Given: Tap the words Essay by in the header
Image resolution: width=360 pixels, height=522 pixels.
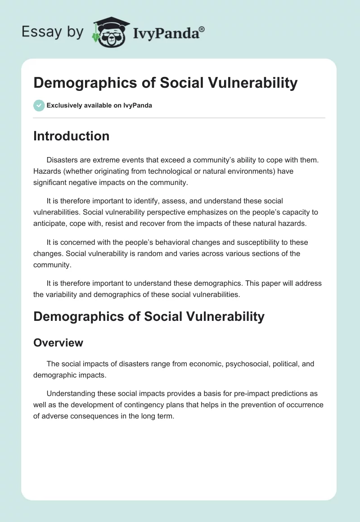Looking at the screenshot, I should [53, 32].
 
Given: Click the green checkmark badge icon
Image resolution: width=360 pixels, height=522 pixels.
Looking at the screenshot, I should [39, 105].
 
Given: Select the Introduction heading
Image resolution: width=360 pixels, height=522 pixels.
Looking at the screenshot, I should [71, 136].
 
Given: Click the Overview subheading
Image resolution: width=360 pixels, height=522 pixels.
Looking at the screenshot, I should [58, 342].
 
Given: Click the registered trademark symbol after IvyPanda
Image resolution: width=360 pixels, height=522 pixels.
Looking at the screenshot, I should [202, 28].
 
